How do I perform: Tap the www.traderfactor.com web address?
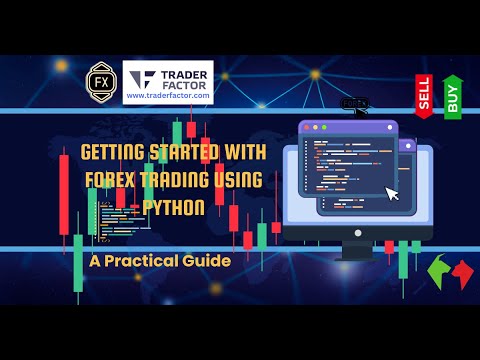(x=168, y=97)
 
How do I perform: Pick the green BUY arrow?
(x=452, y=96)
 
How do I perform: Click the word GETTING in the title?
(x=104, y=156)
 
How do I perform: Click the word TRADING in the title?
(x=189, y=179)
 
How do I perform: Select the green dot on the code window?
(x=323, y=128)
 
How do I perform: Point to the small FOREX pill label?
(x=353, y=103)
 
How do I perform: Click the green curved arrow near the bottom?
(x=437, y=270)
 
